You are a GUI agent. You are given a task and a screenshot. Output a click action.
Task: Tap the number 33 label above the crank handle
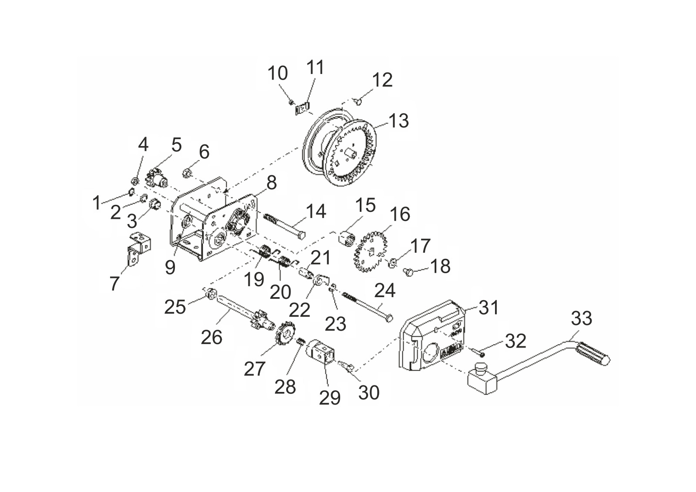tap(581, 318)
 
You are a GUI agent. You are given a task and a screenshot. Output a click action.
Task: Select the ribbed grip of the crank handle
tap(593, 354)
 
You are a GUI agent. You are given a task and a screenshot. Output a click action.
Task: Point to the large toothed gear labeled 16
tap(370, 251)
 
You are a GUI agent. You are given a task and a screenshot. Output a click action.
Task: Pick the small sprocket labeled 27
tap(284, 334)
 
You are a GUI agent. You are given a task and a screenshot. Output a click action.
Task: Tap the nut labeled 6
tap(187, 173)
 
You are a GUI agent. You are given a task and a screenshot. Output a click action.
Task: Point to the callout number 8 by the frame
tap(271, 183)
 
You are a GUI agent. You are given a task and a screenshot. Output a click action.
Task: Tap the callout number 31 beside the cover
tap(489, 307)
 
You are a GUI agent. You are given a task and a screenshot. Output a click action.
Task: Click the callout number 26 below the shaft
tap(211, 337)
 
